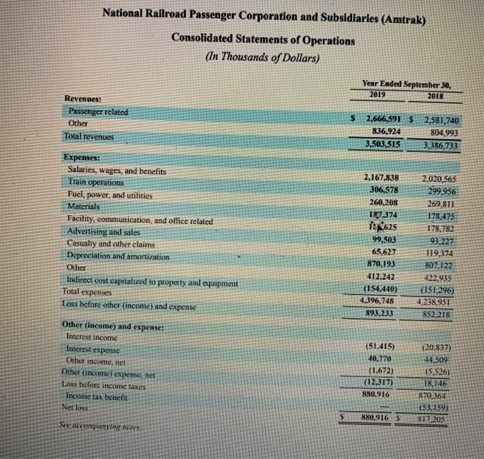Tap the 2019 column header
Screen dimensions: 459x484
click(x=378, y=95)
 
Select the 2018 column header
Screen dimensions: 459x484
click(x=436, y=95)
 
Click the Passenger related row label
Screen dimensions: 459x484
click(x=97, y=112)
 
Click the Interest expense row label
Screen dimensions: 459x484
click(x=95, y=350)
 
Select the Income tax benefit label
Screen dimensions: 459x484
click(x=97, y=395)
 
